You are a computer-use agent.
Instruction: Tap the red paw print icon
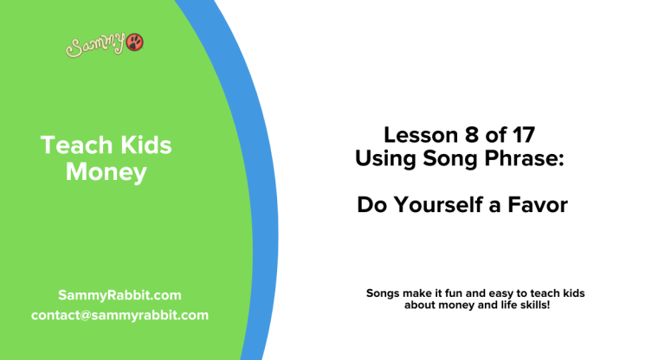[x=135, y=42]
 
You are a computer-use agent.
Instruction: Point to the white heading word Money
[x=107, y=172]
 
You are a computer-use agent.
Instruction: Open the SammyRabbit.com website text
[x=119, y=295]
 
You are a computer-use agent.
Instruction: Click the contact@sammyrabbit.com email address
[x=119, y=315]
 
